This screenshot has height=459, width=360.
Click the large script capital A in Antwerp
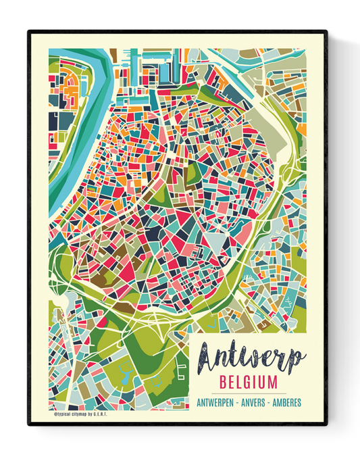point(211,356)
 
